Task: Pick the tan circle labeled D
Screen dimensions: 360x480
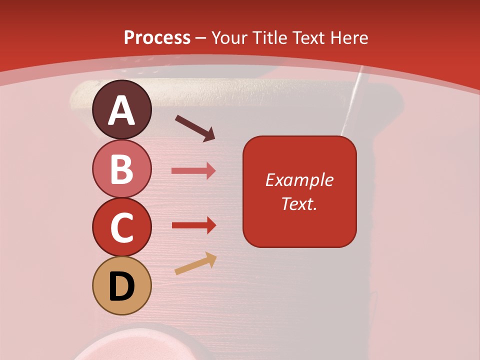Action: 121,285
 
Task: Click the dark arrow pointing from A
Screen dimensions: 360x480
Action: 194,128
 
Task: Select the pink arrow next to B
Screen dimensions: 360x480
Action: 193,171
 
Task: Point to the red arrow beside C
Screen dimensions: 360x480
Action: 193,225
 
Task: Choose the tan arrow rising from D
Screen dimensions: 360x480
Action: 195,263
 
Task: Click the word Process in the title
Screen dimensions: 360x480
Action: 157,38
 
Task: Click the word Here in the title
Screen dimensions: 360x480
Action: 349,38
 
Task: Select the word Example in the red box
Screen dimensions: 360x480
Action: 299,180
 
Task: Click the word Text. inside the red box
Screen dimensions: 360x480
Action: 299,203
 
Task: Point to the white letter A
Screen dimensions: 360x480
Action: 121,110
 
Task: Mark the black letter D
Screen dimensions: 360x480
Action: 121,287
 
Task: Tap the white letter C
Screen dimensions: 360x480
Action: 121,228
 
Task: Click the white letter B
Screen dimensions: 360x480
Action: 121,169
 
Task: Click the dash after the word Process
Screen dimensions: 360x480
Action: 200,38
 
